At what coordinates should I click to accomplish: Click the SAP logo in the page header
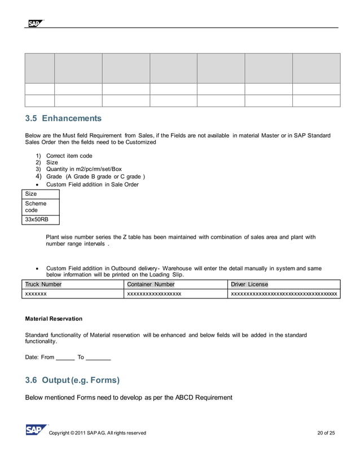click(x=34, y=23)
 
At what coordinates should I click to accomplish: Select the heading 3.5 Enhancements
click(x=63, y=118)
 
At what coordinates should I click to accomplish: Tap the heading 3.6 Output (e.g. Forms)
click(x=72, y=380)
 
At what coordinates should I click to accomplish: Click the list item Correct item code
click(x=69, y=156)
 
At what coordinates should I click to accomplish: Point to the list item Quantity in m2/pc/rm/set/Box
click(x=84, y=169)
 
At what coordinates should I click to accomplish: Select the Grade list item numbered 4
click(x=90, y=177)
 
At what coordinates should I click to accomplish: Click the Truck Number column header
click(x=43, y=284)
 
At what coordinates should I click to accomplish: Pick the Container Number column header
click(x=151, y=284)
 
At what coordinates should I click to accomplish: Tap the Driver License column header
click(x=249, y=284)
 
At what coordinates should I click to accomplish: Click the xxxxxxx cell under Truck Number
click(x=36, y=294)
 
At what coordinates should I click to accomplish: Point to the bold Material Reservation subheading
click(x=54, y=319)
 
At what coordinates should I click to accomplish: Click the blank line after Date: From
click(x=65, y=358)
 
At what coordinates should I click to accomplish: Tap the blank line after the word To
click(x=98, y=358)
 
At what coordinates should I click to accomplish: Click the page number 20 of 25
click(x=326, y=433)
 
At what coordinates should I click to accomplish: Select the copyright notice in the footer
click(x=98, y=433)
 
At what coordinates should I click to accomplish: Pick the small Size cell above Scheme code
click(x=32, y=194)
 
